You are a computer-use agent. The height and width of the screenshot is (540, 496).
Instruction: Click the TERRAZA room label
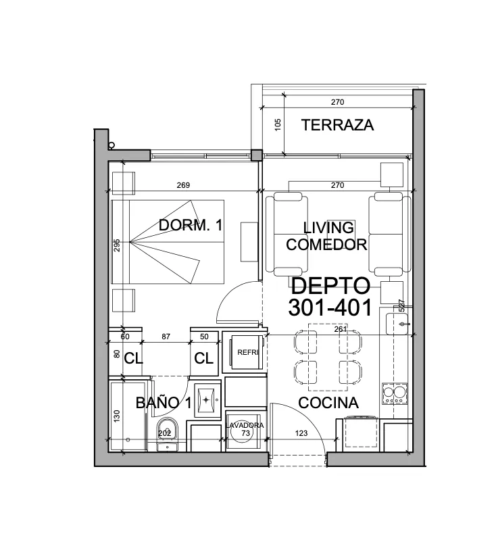(337, 124)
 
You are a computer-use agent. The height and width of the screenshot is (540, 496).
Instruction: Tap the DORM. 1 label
(191, 225)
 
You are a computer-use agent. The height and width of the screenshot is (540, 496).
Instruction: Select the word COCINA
(328, 403)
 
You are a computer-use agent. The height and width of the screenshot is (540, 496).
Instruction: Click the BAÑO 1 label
(164, 403)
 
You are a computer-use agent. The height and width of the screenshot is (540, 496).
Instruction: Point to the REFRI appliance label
(247, 352)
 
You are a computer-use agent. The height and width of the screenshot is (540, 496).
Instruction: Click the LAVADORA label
(245, 425)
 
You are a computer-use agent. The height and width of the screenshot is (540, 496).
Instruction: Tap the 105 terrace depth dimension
(278, 124)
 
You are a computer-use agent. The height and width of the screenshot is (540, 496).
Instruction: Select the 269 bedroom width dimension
(183, 185)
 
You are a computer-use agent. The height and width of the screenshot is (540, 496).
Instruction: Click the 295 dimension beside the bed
(117, 245)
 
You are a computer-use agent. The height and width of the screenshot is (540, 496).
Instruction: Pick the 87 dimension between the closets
(166, 337)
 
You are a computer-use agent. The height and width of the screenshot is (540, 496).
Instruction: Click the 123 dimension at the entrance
(301, 433)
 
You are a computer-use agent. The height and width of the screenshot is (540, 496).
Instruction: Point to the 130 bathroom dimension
(117, 416)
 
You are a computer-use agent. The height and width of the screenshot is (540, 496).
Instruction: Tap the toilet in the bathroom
(168, 434)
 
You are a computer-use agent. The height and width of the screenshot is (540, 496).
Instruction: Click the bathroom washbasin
(206, 399)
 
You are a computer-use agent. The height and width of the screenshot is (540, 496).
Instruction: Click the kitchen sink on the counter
(397, 324)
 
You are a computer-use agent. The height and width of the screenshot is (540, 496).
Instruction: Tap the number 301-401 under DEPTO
(330, 308)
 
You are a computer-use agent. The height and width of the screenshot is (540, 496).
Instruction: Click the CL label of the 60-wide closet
(133, 358)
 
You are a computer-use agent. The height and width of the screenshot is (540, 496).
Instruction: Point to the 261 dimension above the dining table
(341, 329)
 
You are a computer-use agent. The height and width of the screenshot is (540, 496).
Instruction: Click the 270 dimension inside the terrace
(338, 102)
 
